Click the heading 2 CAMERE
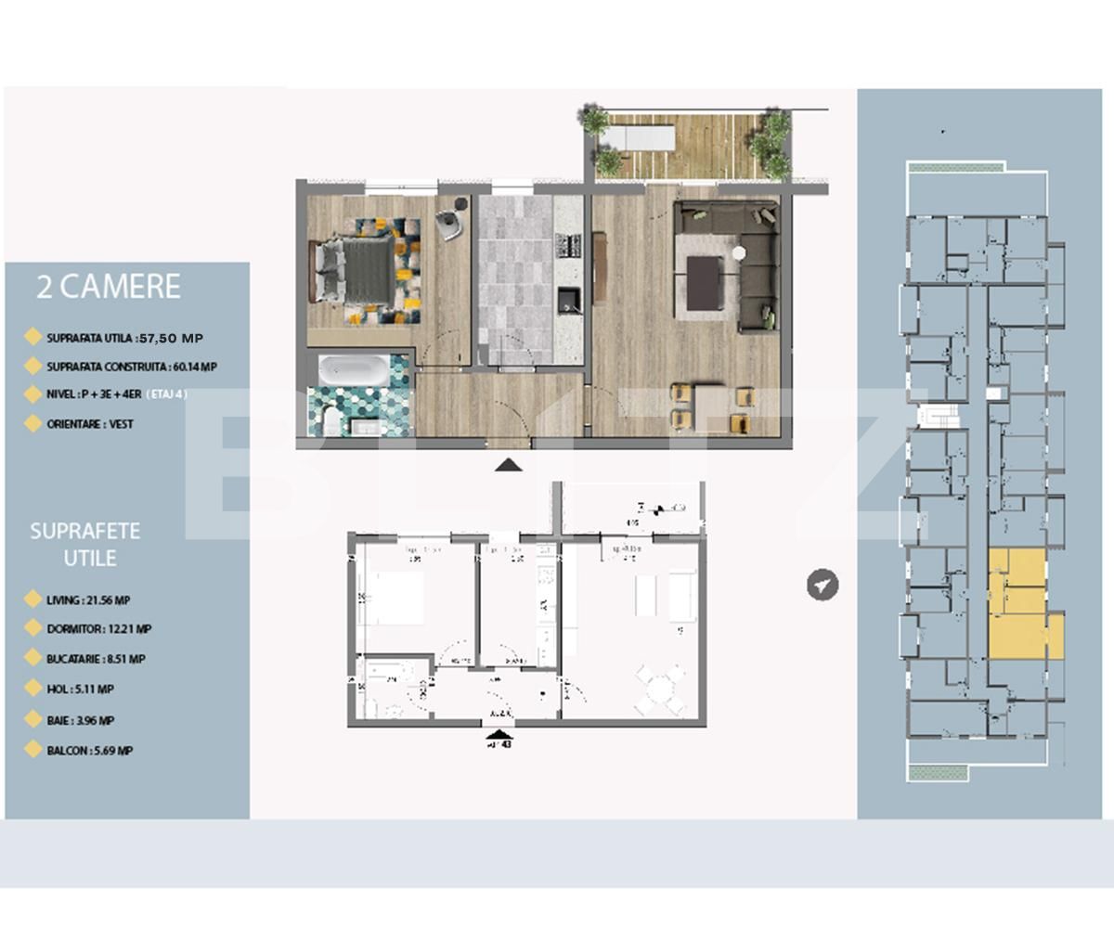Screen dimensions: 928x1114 click(108, 286)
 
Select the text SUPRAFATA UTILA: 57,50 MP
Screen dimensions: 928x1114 click(124, 338)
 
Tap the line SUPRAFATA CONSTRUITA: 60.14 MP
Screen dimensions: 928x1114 click(132, 367)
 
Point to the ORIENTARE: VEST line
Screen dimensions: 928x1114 click(90, 424)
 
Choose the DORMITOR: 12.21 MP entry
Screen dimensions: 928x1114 click(99, 629)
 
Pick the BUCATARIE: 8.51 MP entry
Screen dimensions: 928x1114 click(96, 659)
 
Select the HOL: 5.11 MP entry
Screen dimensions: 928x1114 click(80, 690)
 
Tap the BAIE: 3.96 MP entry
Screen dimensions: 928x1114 click(81, 720)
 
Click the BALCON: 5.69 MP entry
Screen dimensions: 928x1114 click(89, 751)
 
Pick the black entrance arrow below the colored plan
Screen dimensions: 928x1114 click(508, 465)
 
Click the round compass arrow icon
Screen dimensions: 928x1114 click(823, 585)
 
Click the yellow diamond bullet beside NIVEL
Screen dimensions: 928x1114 click(32, 394)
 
